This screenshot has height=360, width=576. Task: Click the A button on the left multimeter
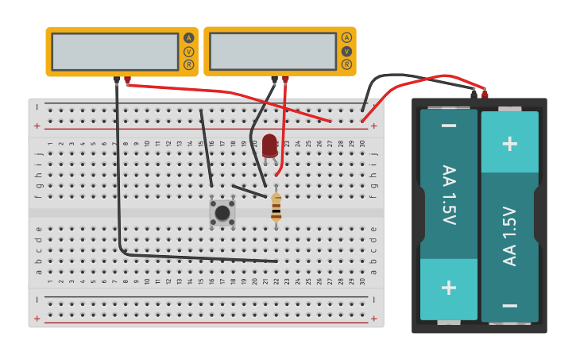[x=188, y=38]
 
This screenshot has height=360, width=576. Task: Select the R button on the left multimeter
[x=188, y=65]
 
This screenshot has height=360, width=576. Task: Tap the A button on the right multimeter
[x=346, y=37]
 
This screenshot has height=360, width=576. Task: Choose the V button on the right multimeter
[x=346, y=51]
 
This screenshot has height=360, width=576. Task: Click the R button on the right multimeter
[x=346, y=64]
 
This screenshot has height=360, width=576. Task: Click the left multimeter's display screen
[x=115, y=52]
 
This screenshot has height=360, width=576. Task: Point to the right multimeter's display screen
[x=273, y=51]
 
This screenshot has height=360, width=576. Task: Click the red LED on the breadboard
[x=270, y=145]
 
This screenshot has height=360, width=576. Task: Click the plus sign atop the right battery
[x=509, y=143]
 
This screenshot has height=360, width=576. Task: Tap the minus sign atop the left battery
[x=449, y=126]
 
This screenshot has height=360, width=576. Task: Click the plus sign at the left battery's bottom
[x=449, y=288]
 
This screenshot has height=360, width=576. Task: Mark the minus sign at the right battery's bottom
[x=509, y=305]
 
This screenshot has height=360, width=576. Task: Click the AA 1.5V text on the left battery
[x=449, y=195]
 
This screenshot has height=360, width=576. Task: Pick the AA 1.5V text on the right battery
[x=509, y=236]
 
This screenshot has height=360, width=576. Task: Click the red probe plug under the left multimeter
[x=127, y=79]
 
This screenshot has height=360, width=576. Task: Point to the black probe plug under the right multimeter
[x=275, y=79]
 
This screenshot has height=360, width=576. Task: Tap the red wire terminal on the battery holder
[x=485, y=94]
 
